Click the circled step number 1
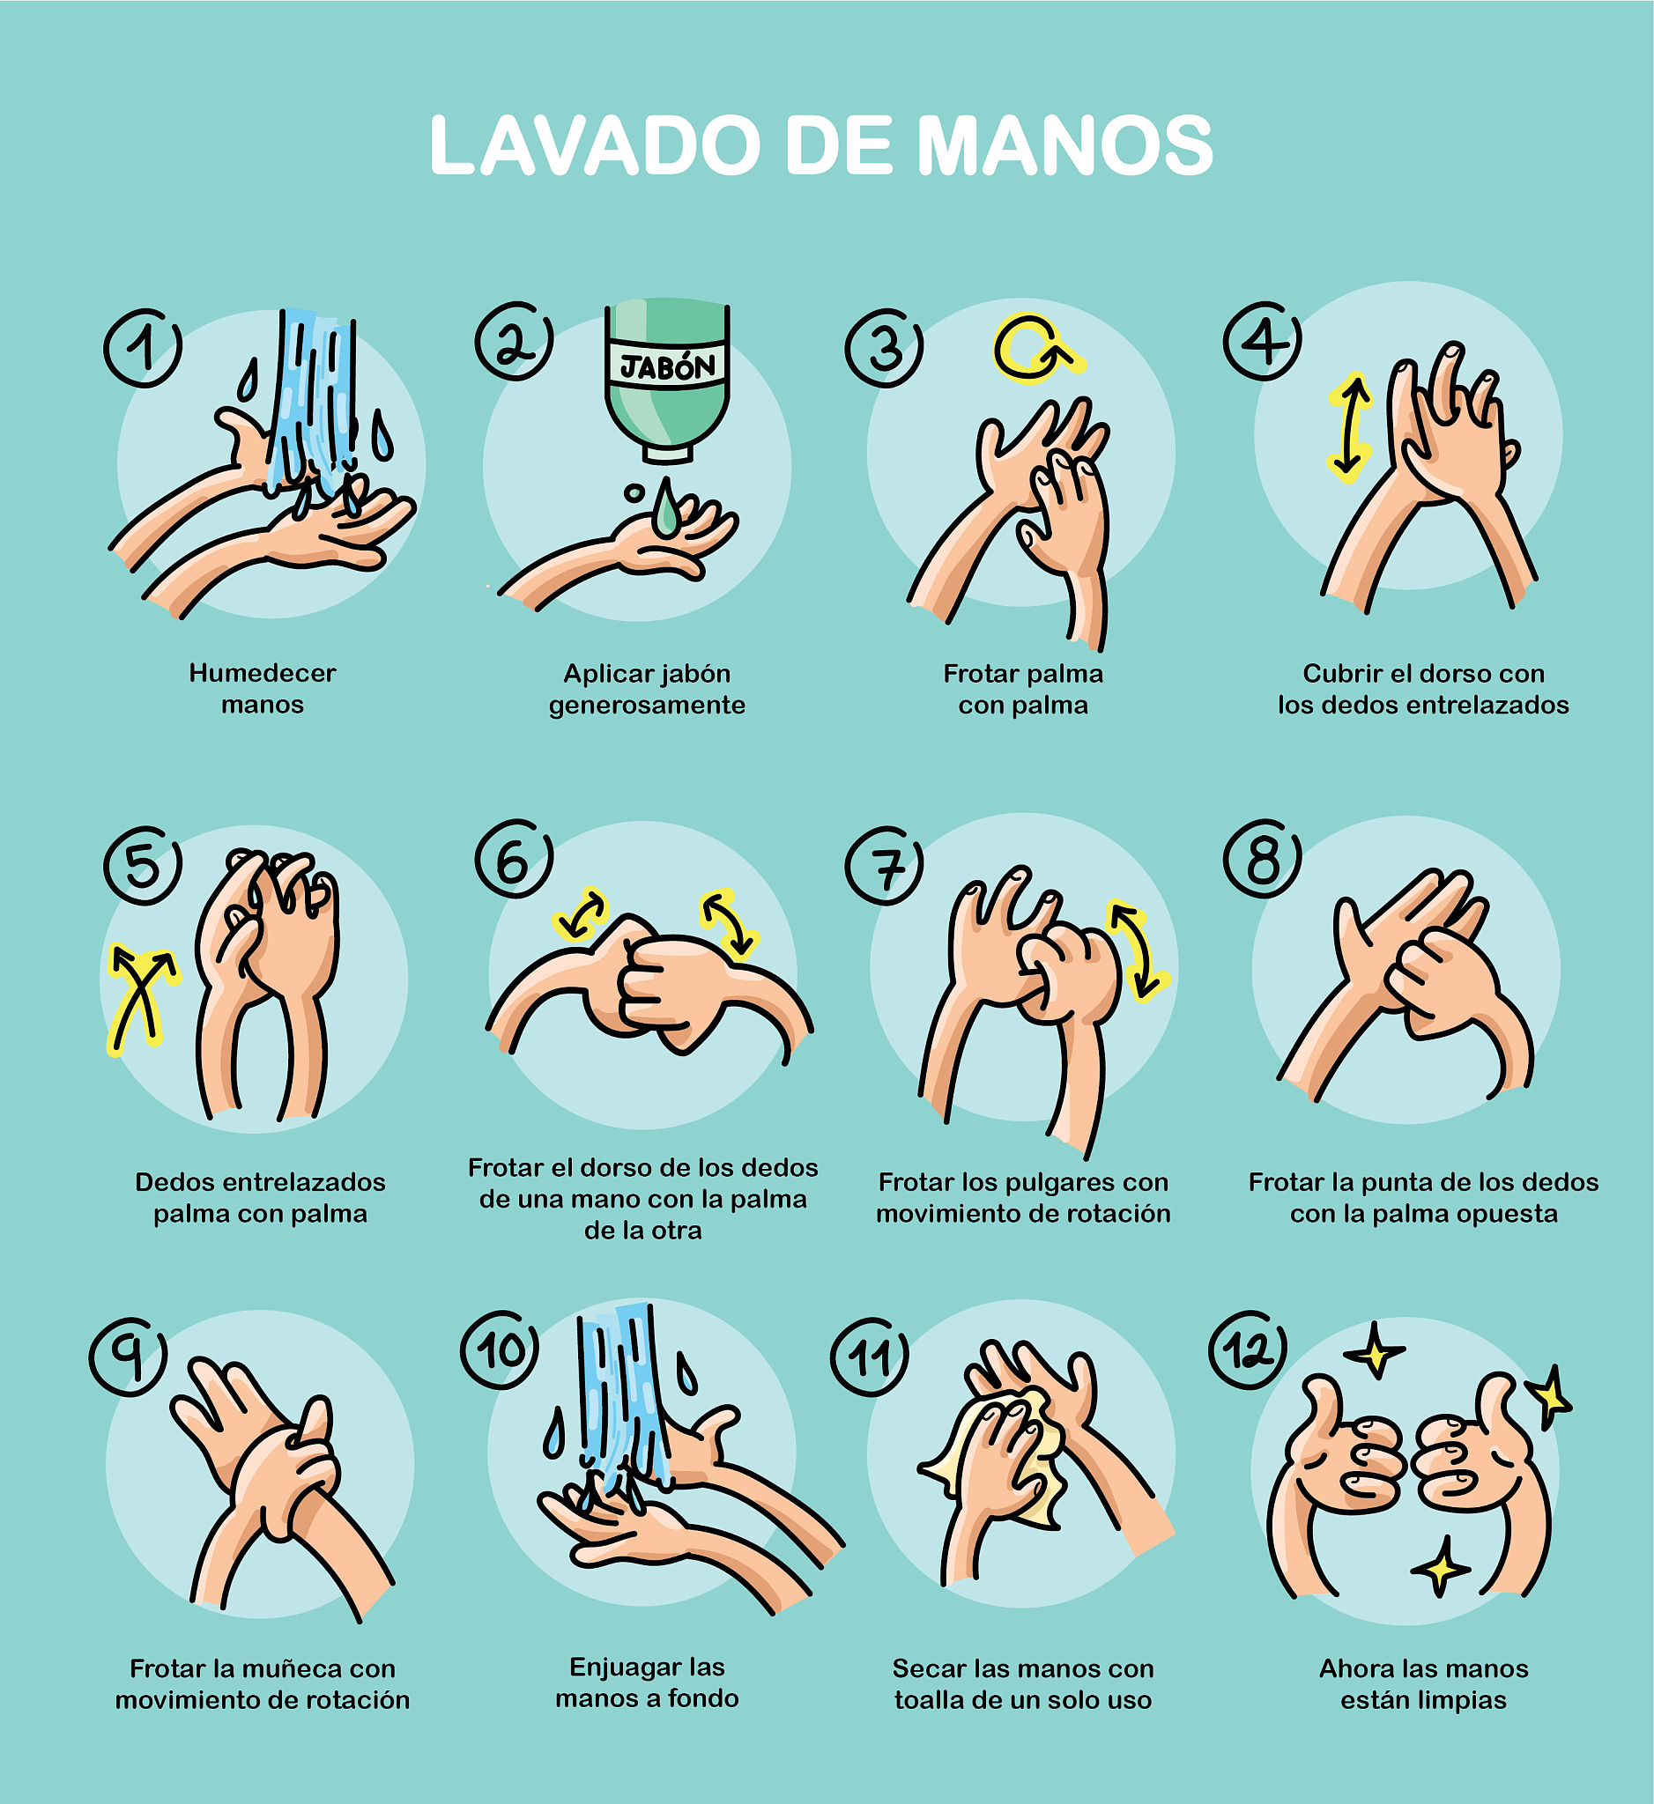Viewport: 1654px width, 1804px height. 144,347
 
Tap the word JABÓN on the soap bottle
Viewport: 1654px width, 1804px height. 668,365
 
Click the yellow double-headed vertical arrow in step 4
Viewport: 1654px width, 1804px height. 1349,427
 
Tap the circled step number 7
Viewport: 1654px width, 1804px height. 885,865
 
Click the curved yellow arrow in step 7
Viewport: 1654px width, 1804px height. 1137,950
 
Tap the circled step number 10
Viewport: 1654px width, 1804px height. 500,1350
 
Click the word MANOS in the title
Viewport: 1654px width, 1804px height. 1065,145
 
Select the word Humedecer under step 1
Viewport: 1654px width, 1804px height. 263,673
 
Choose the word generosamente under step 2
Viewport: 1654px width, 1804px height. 647,706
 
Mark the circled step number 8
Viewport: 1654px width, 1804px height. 1263,859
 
